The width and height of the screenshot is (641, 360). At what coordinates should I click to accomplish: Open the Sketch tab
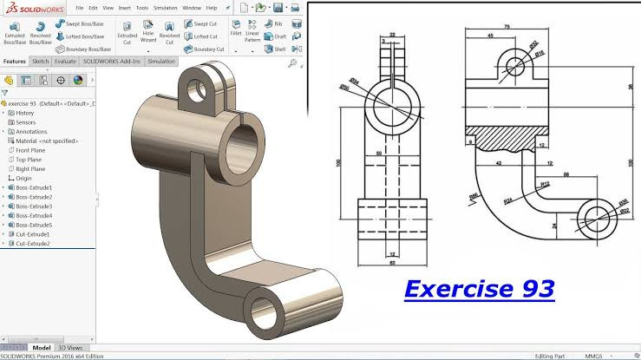(40, 62)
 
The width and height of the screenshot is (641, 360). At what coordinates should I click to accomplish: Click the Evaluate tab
(65, 62)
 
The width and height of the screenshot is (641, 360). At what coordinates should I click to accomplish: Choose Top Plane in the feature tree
(29, 160)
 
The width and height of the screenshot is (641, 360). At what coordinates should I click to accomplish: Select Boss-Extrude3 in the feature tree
(34, 206)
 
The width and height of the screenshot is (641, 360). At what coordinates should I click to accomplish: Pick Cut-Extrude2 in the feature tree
(33, 244)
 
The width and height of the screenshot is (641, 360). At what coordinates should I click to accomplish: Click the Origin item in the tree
(23, 179)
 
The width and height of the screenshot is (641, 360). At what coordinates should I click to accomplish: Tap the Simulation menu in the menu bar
(165, 8)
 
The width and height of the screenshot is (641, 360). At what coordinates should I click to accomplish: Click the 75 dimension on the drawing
(506, 27)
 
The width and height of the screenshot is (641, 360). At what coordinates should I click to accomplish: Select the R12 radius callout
(545, 186)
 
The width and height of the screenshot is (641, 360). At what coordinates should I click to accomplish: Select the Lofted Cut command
(206, 36)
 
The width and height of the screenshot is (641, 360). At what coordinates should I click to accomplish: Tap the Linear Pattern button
(252, 35)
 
